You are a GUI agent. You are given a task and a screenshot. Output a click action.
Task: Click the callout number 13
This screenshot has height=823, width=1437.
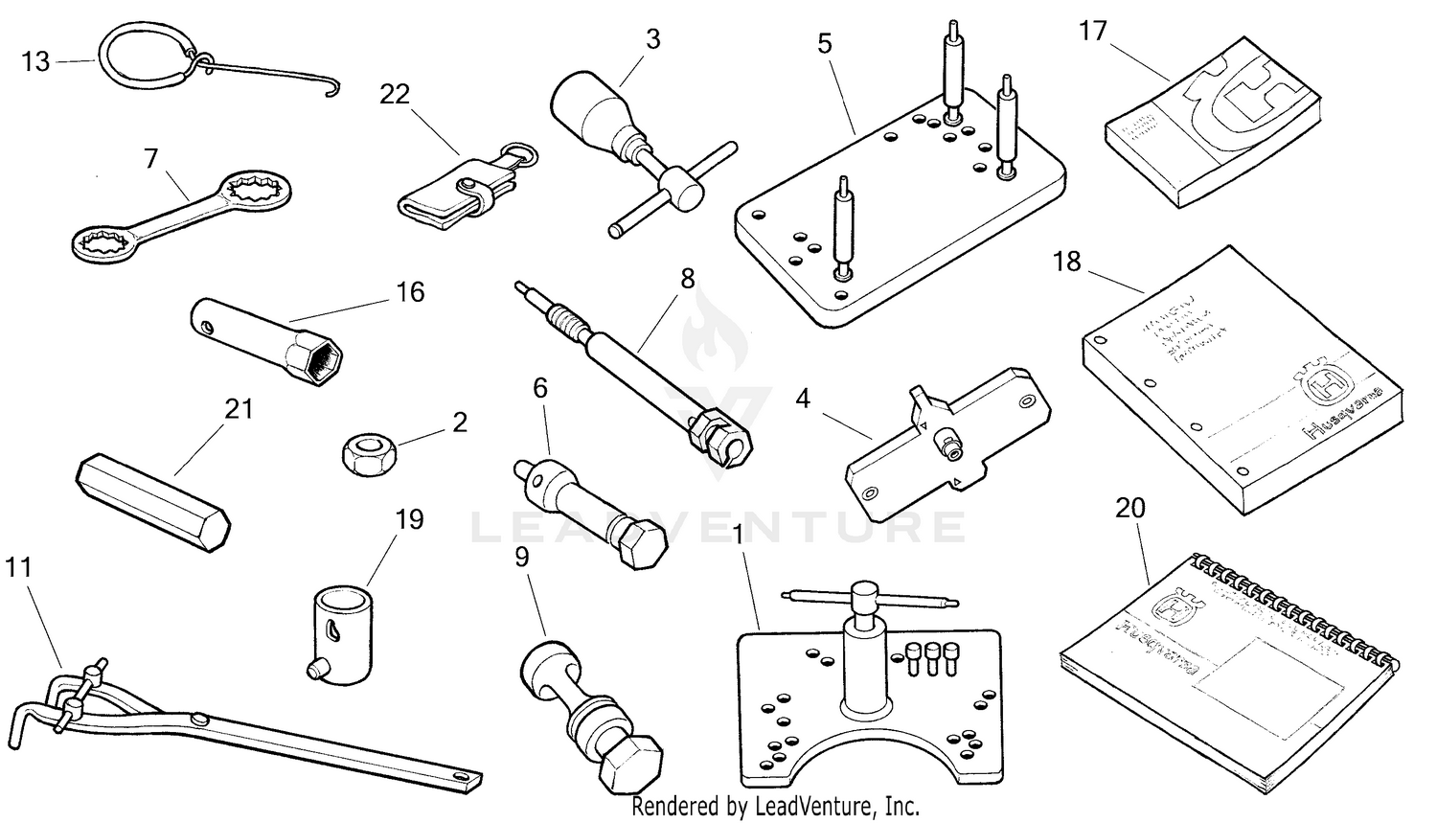[x=35, y=62]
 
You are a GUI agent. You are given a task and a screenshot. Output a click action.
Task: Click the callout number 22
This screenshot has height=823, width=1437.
[x=394, y=94]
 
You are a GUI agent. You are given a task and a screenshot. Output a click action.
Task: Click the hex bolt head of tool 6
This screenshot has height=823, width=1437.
[x=636, y=546]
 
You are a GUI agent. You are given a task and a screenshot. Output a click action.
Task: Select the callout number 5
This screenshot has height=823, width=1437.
[x=825, y=43]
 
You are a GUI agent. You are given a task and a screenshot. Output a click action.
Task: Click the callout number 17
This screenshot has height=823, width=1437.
[x=1092, y=32]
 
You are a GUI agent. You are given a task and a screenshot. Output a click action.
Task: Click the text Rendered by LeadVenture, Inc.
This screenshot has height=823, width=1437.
[x=775, y=807]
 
